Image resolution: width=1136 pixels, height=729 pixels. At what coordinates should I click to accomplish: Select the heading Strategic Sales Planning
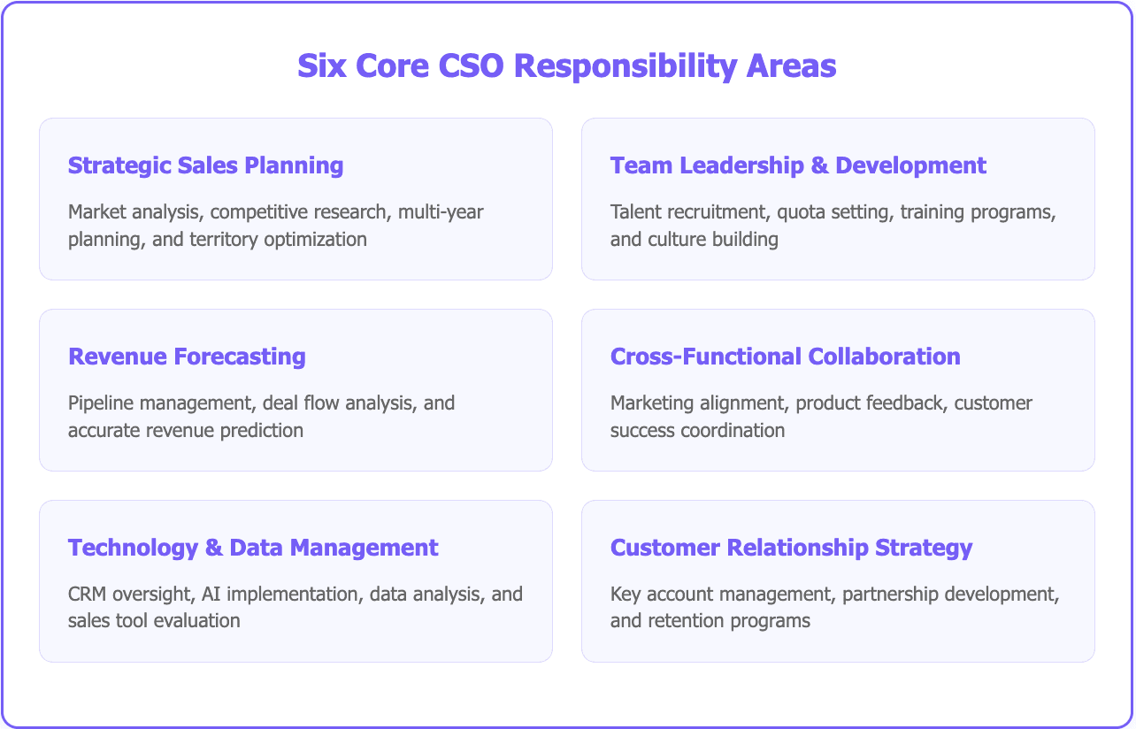coord(205,165)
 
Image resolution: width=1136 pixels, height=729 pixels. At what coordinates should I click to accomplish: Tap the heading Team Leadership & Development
coord(798,165)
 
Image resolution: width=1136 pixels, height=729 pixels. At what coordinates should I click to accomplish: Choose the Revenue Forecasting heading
coord(187,357)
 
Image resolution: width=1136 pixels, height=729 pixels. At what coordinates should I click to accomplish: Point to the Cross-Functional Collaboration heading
coord(785,357)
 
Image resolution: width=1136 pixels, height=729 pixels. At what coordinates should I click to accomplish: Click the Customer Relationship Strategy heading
coord(791,548)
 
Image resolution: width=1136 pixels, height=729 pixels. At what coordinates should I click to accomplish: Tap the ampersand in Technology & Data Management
coord(213,548)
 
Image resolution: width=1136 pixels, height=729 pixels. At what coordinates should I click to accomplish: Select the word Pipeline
coord(99,403)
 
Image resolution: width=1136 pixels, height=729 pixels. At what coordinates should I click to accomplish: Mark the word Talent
coord(633,212)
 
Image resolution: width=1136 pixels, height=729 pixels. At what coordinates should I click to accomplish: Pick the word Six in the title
coord(322,66)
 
